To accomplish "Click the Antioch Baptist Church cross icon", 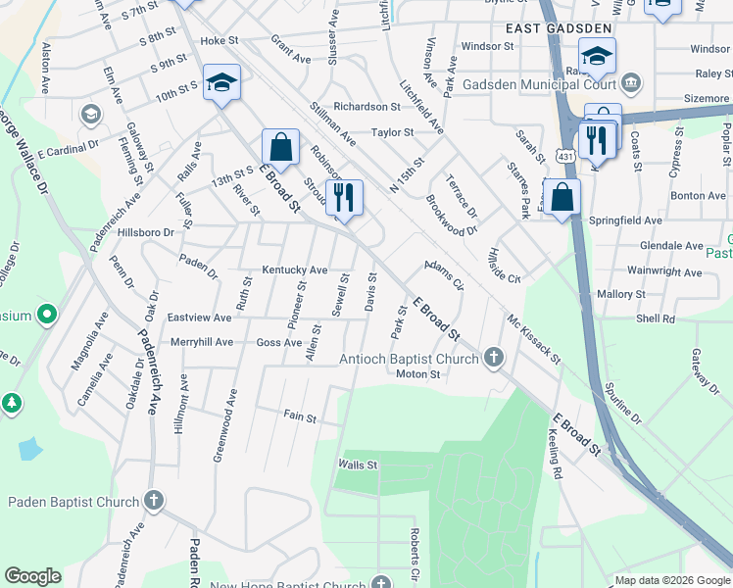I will [x=493, y=359].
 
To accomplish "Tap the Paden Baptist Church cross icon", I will [x=153, y=502].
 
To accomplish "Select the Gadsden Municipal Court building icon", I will [x=632, y=81].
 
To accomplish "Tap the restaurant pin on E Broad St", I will [x=343, y=197].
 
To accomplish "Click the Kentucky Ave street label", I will [x=294, y=270].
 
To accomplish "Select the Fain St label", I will [x=300, y=418].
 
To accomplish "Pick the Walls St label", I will [x=358, y=465].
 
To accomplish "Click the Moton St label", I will [x=417, y=374].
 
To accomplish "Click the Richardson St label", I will [x=366, y=106].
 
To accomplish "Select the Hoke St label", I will [x=220, y=41].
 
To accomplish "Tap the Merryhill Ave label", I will [x=201, y=342].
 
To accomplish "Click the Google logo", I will [x=32, y=576].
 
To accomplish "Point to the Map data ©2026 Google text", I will [x=671, y=580].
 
